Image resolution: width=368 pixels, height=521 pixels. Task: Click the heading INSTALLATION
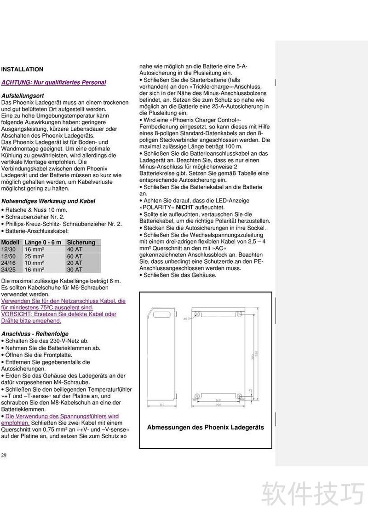click(x=22, y=69)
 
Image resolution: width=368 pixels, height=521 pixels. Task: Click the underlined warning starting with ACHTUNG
click(x=54, y=82)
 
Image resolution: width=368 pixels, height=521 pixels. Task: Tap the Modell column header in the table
click(x=10, y=243)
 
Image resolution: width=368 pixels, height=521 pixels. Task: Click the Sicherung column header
click(x=81, y=243)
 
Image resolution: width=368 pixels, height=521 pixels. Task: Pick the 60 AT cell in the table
click(x=75, y=256)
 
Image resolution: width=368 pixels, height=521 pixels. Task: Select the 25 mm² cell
click(x=34, y=256)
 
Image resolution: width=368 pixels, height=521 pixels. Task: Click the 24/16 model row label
click(x=9, y=263)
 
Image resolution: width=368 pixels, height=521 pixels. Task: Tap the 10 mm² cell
click(x=34, y=263)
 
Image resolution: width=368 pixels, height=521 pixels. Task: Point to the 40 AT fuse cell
click(x=75, y=249)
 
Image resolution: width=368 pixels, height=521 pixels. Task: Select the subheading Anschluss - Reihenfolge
click(x=35, y=334)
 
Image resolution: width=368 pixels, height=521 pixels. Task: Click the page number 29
click(x=4, y=455)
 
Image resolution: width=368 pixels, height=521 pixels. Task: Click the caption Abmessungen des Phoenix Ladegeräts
click(x=206, y=427)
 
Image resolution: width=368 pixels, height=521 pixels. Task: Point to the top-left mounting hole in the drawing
click(x=197, y=314)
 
